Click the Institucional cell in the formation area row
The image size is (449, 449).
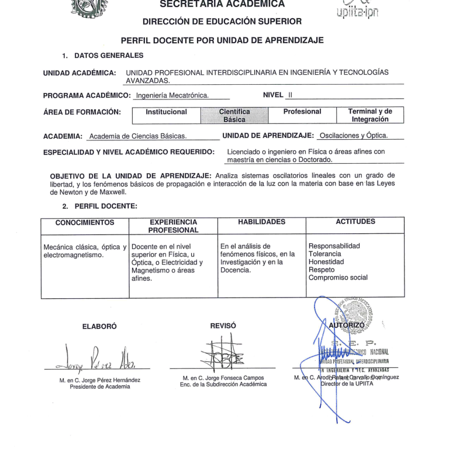166,112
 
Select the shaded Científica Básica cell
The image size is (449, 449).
234,115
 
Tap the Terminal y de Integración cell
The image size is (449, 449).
370,115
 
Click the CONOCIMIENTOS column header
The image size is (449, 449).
85,222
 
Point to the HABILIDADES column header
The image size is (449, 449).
262,222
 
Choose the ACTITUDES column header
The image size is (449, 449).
356,222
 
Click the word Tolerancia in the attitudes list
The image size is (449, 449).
324,254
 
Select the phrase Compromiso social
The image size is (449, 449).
338,278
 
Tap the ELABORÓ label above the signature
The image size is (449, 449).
96,326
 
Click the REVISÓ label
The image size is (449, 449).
223,325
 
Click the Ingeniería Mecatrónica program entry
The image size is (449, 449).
172,95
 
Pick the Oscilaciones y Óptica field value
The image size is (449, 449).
361,136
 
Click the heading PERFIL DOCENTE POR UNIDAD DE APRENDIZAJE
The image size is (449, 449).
222,40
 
